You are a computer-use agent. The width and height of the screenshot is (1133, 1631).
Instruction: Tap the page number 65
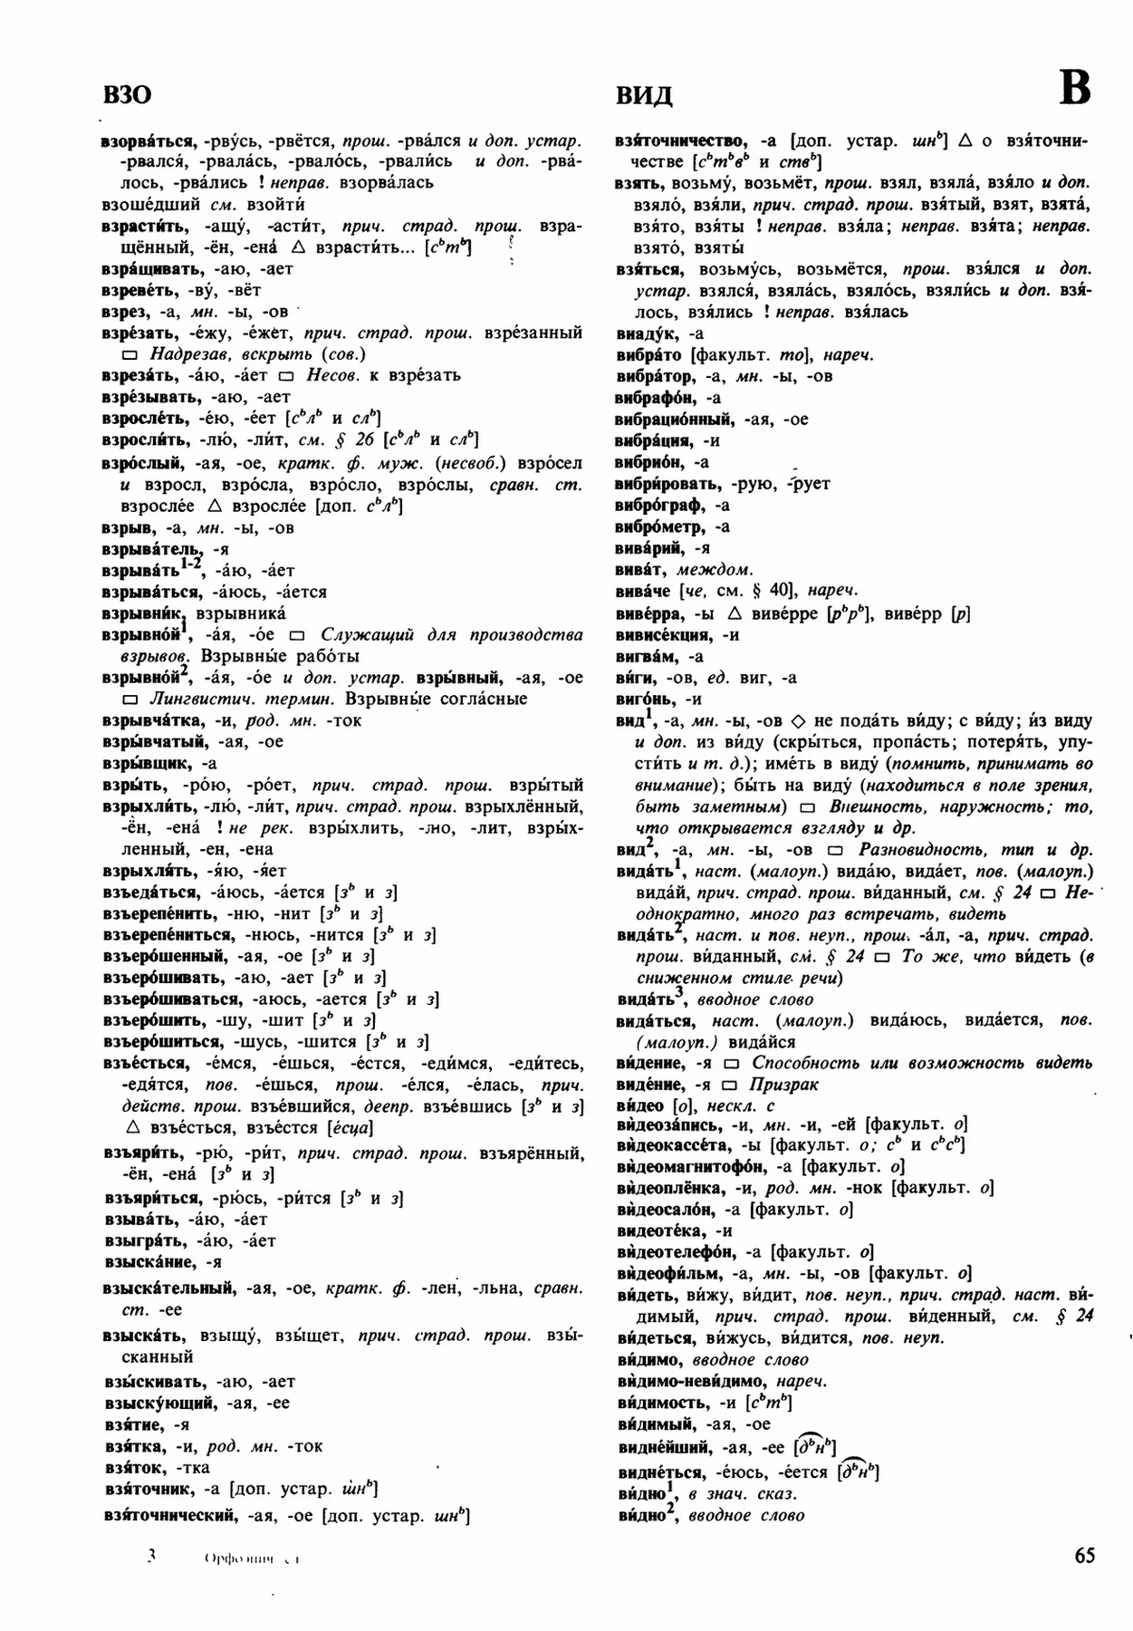tap(1084, 1556)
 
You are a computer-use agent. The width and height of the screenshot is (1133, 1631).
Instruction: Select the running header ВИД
tap(644, 95)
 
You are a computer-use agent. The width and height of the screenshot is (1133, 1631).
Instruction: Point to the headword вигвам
tap(647, 656)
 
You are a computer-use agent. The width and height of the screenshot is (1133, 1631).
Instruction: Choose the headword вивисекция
tap(665, 634)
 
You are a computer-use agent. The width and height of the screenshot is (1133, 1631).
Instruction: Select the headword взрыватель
tap(150, 549)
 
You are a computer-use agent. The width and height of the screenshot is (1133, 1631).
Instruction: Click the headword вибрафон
tap(656, 398)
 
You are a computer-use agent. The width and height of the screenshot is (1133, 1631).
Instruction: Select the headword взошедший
tap(151, 204)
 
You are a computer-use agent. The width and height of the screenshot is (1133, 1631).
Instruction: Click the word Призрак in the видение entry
tap(784, 1085)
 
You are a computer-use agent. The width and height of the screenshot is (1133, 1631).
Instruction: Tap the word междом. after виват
tap(722, 570)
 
